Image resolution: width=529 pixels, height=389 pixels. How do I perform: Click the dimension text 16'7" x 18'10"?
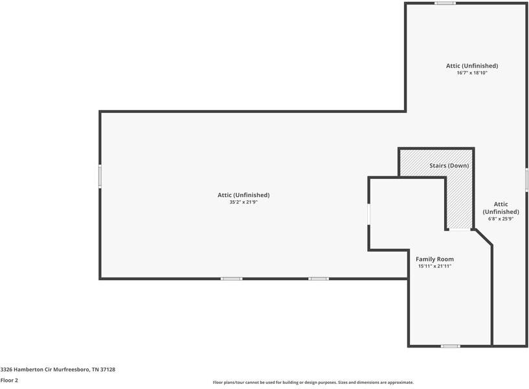tap(471, 73)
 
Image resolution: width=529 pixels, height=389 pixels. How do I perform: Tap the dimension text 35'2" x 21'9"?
tap(243, 202)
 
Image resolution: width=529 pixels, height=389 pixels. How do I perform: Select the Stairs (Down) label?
tap(449, 166)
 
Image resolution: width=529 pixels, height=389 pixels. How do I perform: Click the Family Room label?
tap(434, 259)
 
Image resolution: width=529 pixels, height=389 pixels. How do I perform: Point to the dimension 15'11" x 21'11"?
tap(434, 266)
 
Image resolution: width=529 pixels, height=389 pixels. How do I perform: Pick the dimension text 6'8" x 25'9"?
tap(501, 219)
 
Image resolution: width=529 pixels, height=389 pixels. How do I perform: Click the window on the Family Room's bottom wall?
tap(451, 346)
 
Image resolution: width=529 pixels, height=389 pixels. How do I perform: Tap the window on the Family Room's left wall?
tap(368, 214)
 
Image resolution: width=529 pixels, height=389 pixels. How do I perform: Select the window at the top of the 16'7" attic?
tap(445, 3)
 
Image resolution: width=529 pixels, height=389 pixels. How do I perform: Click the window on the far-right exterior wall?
tap(526, 179)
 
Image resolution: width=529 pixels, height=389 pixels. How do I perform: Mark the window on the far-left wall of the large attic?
tap(100, 176)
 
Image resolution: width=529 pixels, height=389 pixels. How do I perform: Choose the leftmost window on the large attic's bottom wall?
tap(231, 279)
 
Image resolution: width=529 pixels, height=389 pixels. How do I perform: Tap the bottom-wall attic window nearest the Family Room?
tap(318, 279)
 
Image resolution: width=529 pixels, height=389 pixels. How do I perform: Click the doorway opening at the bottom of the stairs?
tap(460, 230)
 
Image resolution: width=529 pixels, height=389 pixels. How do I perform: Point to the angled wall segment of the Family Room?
tap(483, 237)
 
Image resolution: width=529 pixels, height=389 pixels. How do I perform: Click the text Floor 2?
tap(9, 381)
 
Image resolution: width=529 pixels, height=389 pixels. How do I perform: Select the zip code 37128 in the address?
tap(107, 370)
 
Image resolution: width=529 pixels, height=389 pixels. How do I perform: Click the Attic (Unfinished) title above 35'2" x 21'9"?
tap(243, 194)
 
